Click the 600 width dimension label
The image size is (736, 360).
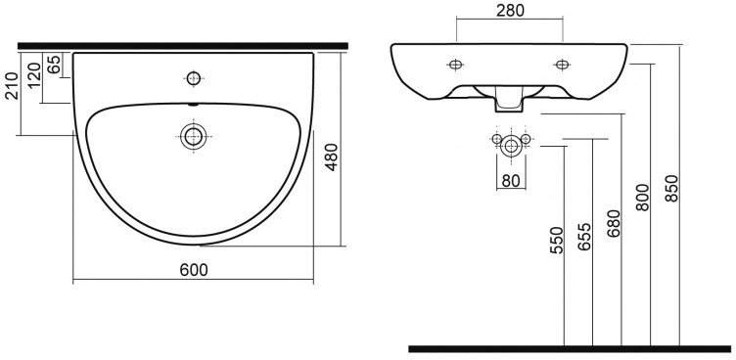pyautogui.click(x=194, y=270)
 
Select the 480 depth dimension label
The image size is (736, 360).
pyautogui.click(x=332, y=157)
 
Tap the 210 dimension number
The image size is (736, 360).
pyautogui.click(x=12, y=85)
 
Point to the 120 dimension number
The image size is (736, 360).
pyautogui.click(x=34, y=75)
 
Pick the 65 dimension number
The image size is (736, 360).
pyautogui.click(x=54, y=65)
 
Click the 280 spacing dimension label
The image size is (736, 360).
pyautogui.click(x=510, y=11)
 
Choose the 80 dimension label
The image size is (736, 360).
pyautogui.click(x=511, y=181)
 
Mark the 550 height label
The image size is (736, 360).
pyautogui.click(x=556, y=241)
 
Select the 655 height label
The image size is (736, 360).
pyautogui.click(x=585, y=237)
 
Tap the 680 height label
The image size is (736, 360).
pyautogui.click(x=614, y=223)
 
